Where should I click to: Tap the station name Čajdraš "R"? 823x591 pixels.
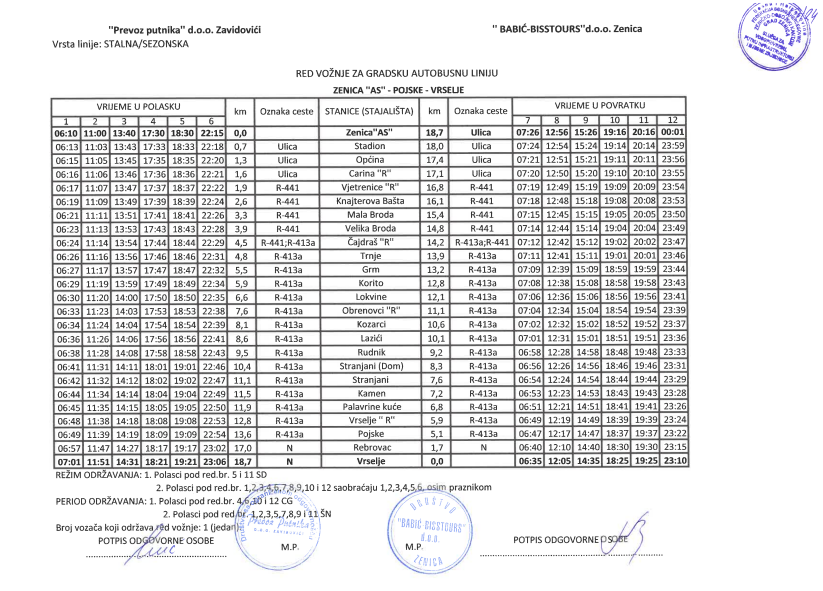click(x=368, y=241)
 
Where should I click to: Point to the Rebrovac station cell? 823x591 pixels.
click(x=368, y=448)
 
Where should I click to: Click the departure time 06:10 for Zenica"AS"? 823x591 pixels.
click(x=66, y=132)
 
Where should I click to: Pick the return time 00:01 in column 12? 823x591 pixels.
click(x=673, y=132)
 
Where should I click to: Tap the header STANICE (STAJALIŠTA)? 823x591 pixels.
click(x=368, y=111)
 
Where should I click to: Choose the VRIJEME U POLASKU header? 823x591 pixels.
click(x=138, y=105)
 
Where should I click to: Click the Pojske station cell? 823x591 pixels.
click(x=368, y=434)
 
